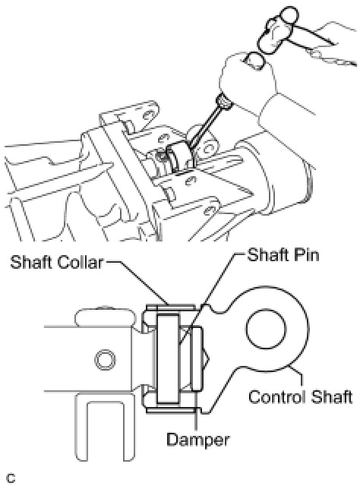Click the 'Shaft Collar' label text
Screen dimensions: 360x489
56,262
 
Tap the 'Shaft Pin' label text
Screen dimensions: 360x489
283,256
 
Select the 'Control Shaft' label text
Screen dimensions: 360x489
301,397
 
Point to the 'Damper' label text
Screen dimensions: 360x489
197,440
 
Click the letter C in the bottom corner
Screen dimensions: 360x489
11,478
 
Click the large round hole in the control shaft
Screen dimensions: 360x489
266,329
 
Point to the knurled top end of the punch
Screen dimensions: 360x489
224,102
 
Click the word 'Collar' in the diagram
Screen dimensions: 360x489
80,262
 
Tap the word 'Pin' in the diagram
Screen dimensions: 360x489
306,256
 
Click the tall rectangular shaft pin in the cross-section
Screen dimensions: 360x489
169,358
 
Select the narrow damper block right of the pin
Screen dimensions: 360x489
197,358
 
